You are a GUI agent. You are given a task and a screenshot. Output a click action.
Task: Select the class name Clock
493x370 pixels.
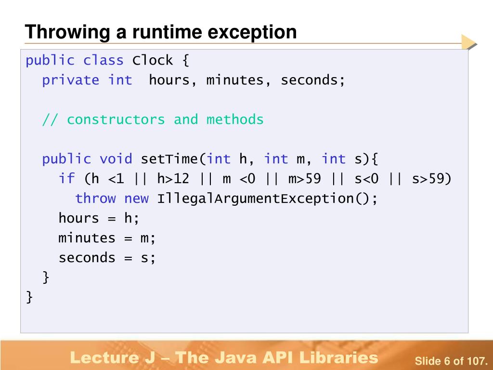pos(153,60)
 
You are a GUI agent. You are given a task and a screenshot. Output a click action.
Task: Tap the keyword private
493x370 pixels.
pos(70,80)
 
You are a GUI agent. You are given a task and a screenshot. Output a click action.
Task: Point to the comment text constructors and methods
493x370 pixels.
pos(165,119)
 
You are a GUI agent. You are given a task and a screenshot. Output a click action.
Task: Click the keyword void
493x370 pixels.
pos(116,159)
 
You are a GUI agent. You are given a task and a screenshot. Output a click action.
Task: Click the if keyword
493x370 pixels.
pos(66,179)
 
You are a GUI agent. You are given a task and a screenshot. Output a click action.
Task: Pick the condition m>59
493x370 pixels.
pos(304,179)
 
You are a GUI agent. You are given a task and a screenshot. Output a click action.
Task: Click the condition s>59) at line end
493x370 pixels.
pos(432,179)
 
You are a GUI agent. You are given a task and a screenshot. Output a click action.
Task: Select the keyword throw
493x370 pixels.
pos(95,198)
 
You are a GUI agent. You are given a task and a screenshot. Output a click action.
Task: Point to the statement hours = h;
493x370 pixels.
pos(99,218)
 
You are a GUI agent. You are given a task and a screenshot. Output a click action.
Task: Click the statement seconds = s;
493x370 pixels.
pos(107,258)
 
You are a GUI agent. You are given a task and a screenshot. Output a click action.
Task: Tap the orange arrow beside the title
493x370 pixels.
pos(468,42)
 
